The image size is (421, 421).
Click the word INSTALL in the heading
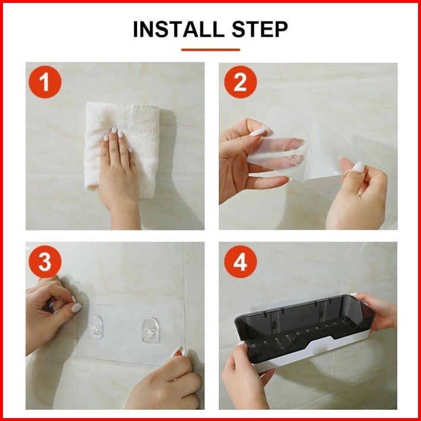178,29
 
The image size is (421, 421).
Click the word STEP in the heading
260,29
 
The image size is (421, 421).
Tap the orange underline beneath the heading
210,50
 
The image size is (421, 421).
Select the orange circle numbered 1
45,82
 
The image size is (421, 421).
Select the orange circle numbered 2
240,82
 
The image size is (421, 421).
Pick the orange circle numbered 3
45,261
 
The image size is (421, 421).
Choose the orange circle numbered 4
240,261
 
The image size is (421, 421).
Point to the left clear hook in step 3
97,327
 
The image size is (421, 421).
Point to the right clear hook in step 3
151,330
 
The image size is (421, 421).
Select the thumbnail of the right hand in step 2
358,167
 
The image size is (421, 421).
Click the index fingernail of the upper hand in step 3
77,307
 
